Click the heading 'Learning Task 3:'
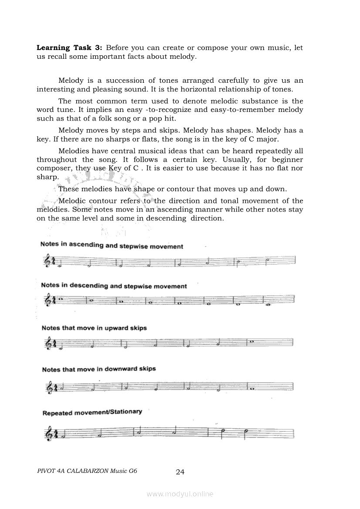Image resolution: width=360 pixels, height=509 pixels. pos(70,47)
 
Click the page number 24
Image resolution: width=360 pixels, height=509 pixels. pos(180,472)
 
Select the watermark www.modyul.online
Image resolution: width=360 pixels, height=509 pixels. pos(180,494)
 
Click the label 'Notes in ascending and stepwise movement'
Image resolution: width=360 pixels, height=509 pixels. pos(112,246)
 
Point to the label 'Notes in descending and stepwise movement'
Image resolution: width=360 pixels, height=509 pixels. pos(114,286)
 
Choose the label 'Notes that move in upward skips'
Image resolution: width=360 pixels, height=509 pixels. pos(94,328)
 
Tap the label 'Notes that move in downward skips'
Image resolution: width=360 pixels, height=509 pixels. pos(99,369)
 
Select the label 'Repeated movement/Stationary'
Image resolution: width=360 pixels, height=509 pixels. pos(92,412)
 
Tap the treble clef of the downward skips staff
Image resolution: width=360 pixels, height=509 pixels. pos(48,387)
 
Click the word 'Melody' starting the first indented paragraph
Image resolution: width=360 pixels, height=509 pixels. pos(70,81)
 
